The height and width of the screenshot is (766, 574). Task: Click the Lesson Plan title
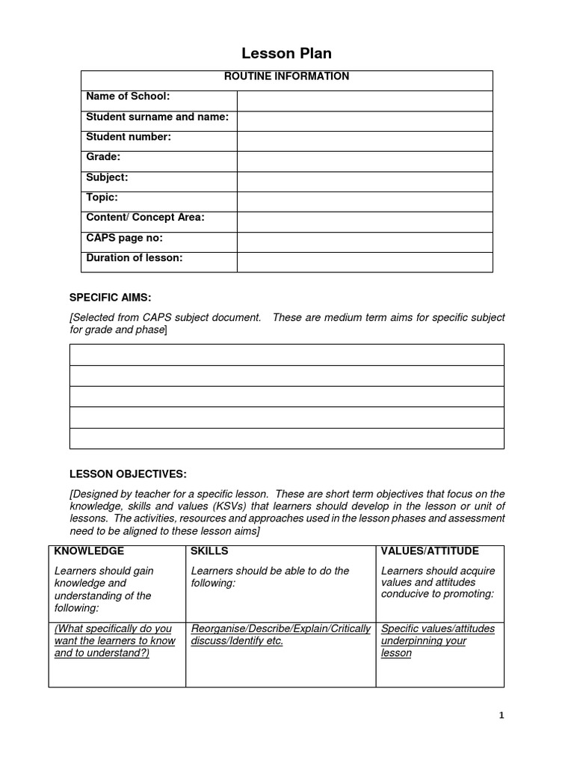[x=286, y=53]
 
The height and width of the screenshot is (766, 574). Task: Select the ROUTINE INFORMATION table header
[x=286, y=76]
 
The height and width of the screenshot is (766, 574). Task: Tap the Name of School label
[x=129, y=96]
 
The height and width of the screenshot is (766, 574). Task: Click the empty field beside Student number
[x=365, y=141]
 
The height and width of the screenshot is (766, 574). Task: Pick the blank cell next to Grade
[x=365, y=162]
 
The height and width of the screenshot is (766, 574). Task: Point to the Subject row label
[x=108, y=177]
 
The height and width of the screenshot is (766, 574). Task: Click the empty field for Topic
[x=365, y=202]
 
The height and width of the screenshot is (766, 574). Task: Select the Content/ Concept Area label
[x=145, y=218]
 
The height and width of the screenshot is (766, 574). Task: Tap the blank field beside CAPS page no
[x=365, y=242]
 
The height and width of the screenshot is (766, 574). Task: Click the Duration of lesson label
[x=135, y=258]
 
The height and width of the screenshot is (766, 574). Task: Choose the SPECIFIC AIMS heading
[x=111, y=298]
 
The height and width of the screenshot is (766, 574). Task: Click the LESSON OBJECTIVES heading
[x=128, y=474]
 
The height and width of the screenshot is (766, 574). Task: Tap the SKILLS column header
[x=210, y=551]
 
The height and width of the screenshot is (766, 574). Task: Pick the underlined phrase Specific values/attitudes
[x=437, y=629]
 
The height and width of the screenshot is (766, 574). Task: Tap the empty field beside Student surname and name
[x=365, y=121]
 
